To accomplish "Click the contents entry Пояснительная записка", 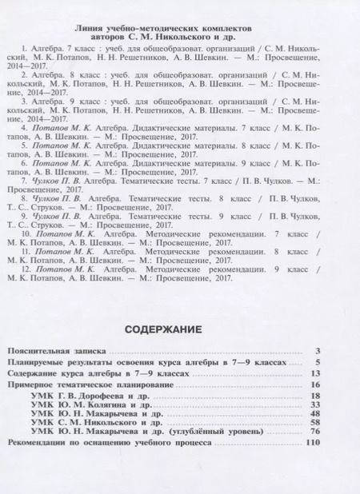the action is [x=55, y=351].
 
